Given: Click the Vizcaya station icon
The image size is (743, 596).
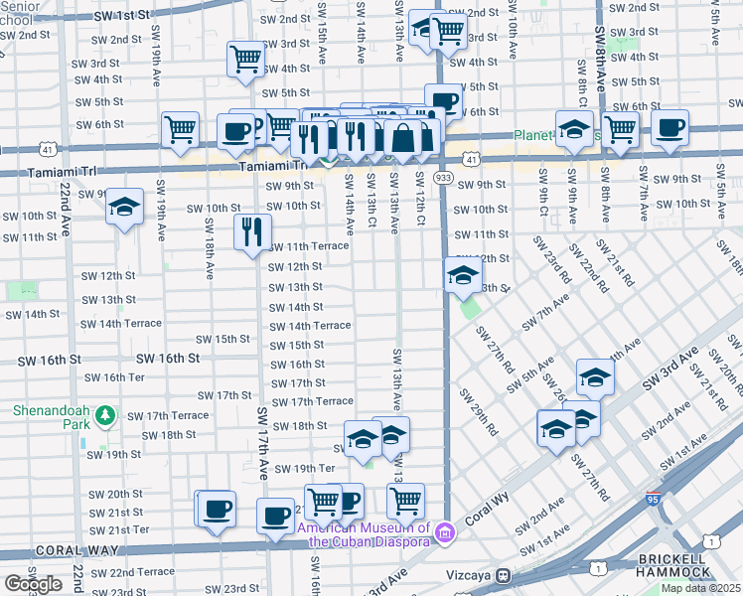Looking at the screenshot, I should (x=505, y=575).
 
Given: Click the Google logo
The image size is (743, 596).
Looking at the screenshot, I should (x=33, y=583).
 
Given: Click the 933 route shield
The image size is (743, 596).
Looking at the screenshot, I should (x=444, y=176).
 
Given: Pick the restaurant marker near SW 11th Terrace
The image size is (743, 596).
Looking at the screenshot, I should (x=252, y=231).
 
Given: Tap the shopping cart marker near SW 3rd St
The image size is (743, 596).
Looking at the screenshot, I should (x=245, y=58).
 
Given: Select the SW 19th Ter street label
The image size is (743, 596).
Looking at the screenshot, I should (x=305, y=469).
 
